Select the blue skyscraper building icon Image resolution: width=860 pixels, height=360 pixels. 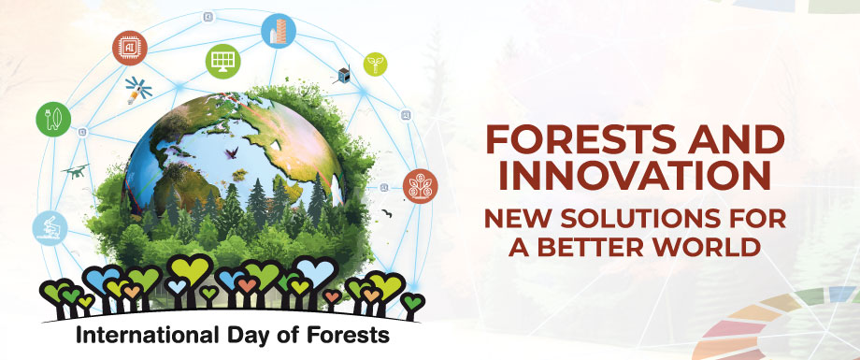tap(278, 31)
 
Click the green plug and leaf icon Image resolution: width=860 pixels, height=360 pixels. tap(51, 119)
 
